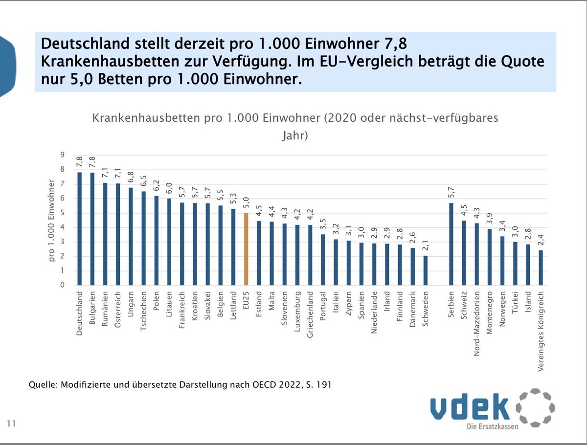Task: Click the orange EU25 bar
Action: coord(247,249)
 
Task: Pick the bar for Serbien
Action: coord(452,244)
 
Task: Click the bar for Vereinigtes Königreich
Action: coord(541,268)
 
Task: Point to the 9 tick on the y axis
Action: coord(62,155)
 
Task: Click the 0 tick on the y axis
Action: coord(62,286)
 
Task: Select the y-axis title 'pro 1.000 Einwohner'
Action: coord(51,220)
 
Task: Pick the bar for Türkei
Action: coord(515,264)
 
